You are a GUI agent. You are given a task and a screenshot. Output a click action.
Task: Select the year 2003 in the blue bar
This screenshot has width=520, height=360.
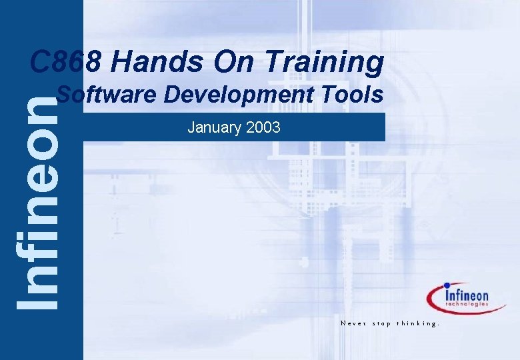click(264, 127)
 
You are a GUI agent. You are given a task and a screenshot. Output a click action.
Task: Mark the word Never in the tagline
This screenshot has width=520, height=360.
click(351, 323)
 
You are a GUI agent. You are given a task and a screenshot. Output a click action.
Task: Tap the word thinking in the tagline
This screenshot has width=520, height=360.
click(418, 323)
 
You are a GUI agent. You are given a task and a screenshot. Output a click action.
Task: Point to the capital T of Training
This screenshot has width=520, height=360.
click(274, 63)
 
